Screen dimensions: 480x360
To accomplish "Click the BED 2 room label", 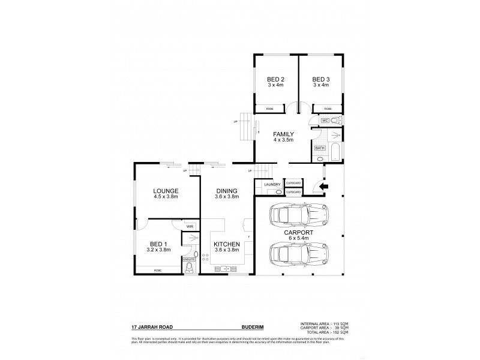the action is (275, 79).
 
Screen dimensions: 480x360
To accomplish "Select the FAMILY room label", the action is (283, 134).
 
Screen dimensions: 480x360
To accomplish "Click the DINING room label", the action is (227, 191).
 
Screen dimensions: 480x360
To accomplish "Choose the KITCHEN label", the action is (227, 244).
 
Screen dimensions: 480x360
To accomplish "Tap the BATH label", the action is (319, 147).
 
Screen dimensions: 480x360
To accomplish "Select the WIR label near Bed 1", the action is (190, 226).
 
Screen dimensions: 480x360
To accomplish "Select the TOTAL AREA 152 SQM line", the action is (324, 332).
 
